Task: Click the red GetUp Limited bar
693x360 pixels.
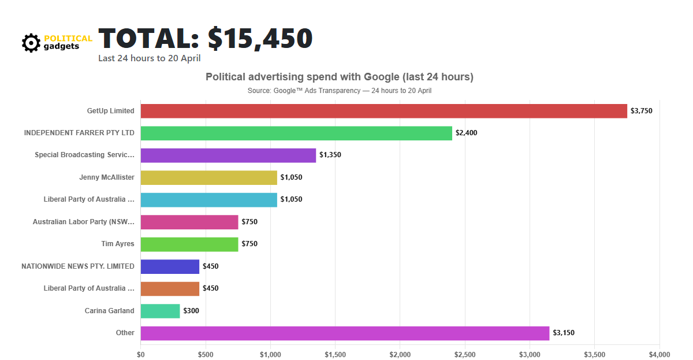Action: (x=383, y=111)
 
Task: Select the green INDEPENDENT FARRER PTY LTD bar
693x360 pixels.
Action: (x=296, y=133)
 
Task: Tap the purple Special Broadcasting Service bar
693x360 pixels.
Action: (x=228, y=155)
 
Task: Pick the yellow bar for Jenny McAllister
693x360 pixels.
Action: (x=208, y=177)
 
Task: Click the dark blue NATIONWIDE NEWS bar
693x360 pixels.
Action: (x=170, y=266)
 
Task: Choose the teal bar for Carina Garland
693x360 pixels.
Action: (x=160, y=311)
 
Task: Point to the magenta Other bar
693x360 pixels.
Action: (x=345, y=333)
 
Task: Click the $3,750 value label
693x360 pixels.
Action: (x=641, y=111)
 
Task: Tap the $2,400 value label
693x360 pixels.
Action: (x=466, y=133)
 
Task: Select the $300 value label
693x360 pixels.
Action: (x=191, y=311)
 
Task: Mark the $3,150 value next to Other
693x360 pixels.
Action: (x=563, y=333)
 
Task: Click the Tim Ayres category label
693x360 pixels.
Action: (x=117, y=244)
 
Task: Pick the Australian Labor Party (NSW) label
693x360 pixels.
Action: (x=83, y=222)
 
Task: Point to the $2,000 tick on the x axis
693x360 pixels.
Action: (x=400, y=354)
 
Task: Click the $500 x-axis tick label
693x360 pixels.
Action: (x=205, y=354)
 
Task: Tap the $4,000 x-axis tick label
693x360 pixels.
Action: (x=659, y=354)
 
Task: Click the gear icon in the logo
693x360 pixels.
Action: (x=31, y=43)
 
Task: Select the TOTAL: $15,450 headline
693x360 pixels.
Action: (x=205, y=38)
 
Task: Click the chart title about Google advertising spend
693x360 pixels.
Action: (x=340, y=77)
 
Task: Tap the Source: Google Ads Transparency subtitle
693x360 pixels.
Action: (x=340, y=91)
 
